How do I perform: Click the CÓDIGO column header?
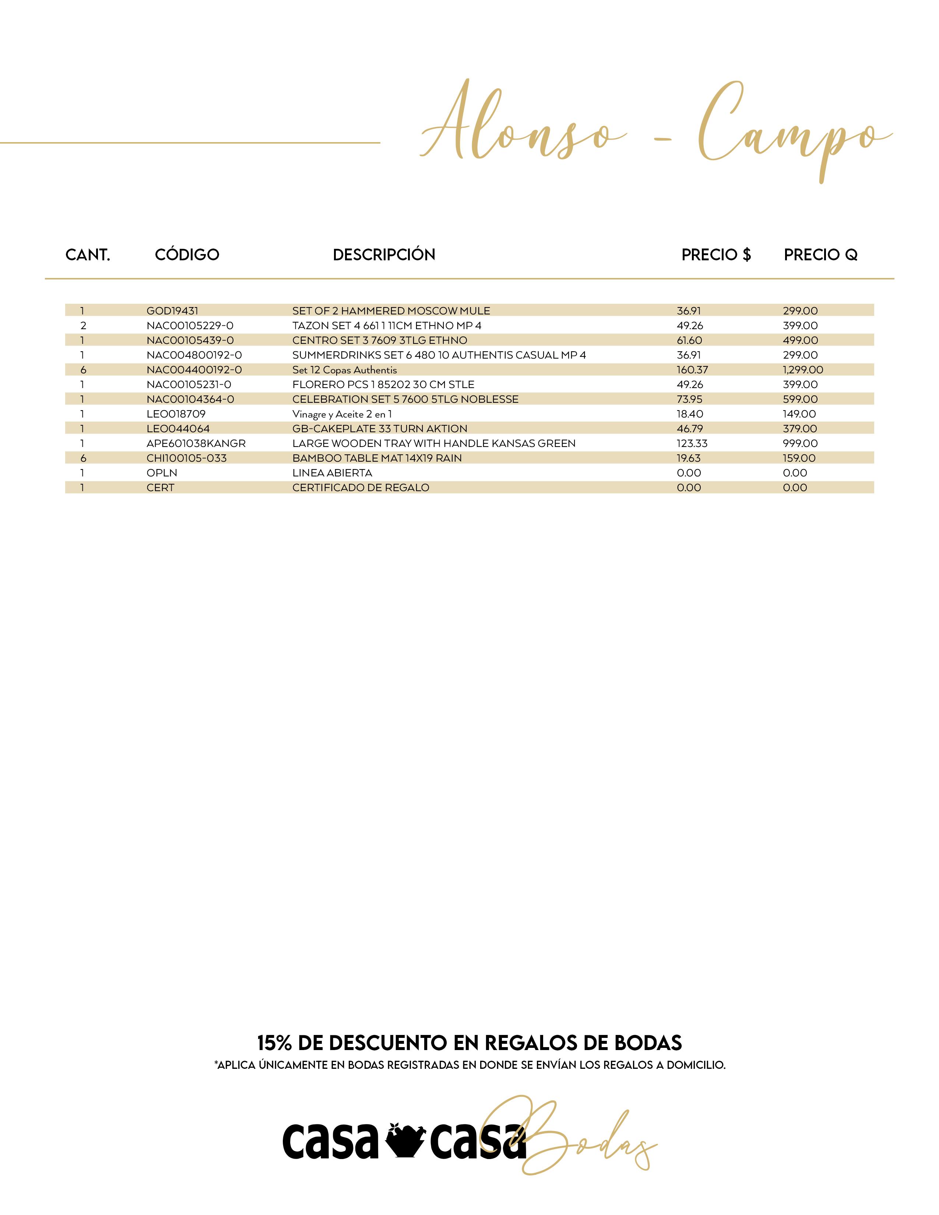point(187,255)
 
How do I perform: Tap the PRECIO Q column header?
point(820,255)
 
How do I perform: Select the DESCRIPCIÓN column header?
point(384,255)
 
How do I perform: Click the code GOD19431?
point(172,310)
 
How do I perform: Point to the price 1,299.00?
point(803,369)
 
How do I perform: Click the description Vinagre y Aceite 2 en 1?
point(342,414)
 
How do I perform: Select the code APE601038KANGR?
point(196,443)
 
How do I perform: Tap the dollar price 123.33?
point(692,443)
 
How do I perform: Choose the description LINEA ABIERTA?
point(332,473)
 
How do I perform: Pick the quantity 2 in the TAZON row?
point(84,325)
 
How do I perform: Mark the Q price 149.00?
point(799,414)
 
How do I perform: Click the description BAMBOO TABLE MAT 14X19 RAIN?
point(377,458)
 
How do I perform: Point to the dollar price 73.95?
point(689,399)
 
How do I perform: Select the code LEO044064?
point(178,428)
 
